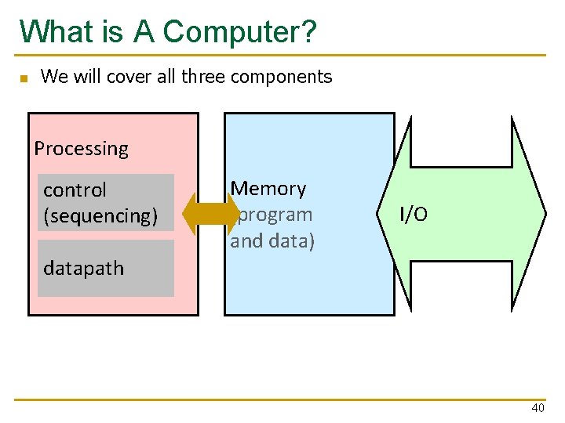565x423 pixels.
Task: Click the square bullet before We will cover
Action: coord(24,78)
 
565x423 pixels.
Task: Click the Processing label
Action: coord(81,148)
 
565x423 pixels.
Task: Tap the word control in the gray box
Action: coord(75,190)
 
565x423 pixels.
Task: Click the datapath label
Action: coord(83,268)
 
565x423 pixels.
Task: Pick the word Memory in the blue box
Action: coord(268,188)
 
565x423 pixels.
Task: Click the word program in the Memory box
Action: coord(275,214)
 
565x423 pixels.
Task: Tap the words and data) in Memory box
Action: coord(272,240)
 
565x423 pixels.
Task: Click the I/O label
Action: coord(414,215)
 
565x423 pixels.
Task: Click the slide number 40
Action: coord(538,409)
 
